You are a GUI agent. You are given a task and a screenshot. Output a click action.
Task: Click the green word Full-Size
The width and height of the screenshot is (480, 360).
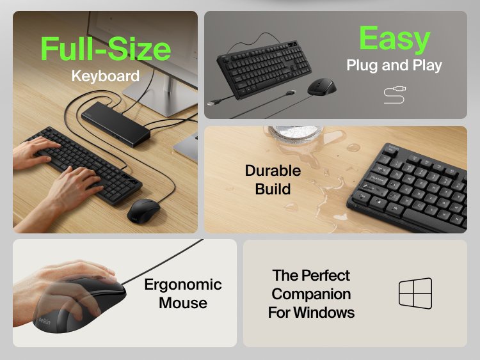coord(106,49)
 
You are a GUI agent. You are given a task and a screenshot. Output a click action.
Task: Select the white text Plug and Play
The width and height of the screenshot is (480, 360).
coord(394,65)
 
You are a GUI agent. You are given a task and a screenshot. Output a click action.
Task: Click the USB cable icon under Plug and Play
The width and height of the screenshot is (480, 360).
coord(395,95)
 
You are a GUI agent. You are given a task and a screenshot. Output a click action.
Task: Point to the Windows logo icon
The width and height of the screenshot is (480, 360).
coord(415,294)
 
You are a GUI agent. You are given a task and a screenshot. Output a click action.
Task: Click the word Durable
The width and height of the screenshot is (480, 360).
coord(273,171)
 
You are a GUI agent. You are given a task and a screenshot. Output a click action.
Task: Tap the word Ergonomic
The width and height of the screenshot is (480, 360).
coord(182,285)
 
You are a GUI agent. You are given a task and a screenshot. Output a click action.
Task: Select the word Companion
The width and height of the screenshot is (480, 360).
coord(311,294)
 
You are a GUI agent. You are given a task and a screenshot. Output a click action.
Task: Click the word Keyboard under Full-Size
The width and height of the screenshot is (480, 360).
coord(105,76)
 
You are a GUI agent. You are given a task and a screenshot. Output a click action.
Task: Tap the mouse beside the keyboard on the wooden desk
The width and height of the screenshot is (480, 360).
coord(143,210)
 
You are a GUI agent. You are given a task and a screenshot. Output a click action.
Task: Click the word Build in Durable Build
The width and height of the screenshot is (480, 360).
coord(273,189)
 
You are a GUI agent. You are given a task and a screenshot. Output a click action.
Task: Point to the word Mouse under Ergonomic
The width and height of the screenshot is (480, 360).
coord(182,302)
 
